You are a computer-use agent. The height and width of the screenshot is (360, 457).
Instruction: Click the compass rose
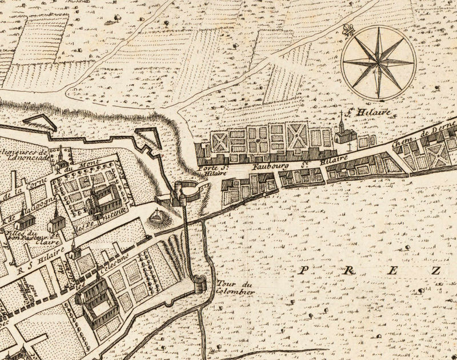tap(377, 62)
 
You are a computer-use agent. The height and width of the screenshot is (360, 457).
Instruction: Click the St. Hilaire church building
tap(344, 135)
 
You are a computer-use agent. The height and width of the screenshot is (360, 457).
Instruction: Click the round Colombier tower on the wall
tap(199, 283)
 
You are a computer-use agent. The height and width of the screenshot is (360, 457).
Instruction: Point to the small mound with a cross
tap(155, 217)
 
